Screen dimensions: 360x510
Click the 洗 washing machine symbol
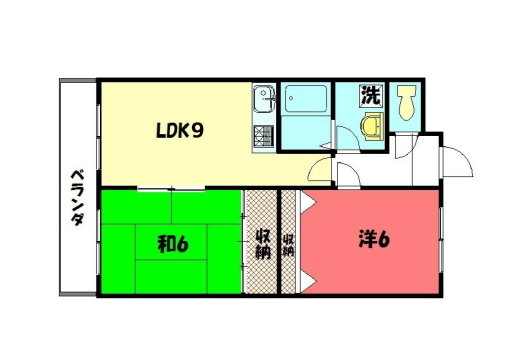click(x=370, y=98)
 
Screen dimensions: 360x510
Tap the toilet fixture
click(x=407, y=103)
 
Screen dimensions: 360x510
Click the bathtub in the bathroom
click(x=307, y=101)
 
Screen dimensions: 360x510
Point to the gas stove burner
click(x=264, y=134)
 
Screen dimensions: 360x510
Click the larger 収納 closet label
click(x=263, y=242)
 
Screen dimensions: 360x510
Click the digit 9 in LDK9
click(x=199, y=131)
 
